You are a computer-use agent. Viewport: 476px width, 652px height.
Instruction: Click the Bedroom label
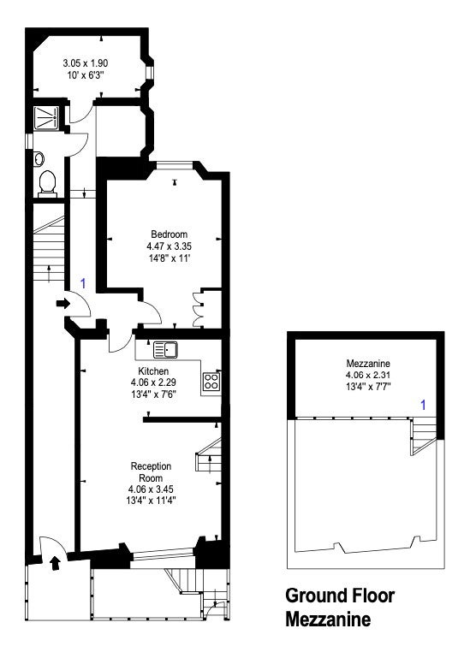click(169, 234)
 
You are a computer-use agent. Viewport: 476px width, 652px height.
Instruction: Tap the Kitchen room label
click(153, 370)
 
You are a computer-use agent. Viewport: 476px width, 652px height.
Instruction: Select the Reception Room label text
click(151, 472)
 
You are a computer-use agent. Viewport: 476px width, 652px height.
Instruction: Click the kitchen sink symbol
click(165, 350)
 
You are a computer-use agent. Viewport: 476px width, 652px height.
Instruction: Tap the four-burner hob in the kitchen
click(211, 382)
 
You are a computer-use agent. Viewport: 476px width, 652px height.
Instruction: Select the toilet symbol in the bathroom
click(47, 184)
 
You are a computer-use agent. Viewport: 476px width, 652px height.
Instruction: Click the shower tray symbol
click(46, 118)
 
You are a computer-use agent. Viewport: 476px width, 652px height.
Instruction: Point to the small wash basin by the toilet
click(39, 158)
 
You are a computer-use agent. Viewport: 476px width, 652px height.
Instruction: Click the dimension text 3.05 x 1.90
click(86, 63)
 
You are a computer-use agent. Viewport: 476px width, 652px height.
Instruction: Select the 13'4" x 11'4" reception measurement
click(151, 501)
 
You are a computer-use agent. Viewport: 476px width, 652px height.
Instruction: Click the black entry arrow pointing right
click(63, 303)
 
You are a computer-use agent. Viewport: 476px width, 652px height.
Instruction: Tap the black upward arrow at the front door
click(55, 563)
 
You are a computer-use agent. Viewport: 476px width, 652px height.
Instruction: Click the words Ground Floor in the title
click(340, 596)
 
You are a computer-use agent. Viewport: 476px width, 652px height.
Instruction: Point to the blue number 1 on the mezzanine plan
click(423, 405)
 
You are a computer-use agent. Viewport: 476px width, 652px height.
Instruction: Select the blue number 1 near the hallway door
click(83, 283)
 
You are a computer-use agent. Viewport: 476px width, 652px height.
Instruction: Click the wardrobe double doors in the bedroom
click(197, 310)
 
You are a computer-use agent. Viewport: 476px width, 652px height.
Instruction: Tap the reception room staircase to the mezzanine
click(208, 455)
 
